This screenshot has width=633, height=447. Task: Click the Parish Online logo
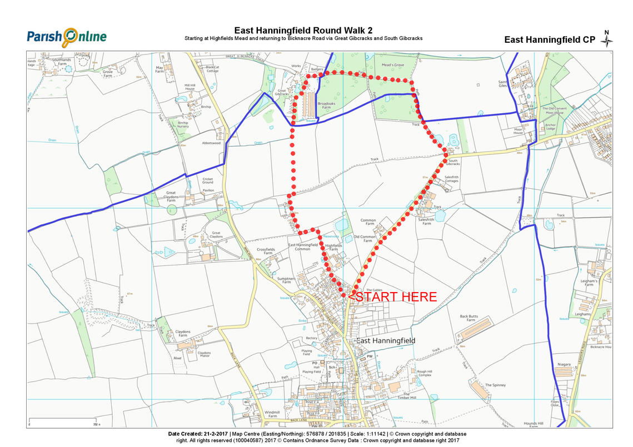point(66,37)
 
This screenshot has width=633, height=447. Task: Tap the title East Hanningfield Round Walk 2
point(303,31)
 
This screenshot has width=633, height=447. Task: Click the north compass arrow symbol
point(608,39)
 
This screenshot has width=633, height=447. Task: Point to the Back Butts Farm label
point(468,318)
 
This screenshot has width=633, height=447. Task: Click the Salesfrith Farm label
point(426,221)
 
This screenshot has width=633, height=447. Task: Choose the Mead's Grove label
point(392,65)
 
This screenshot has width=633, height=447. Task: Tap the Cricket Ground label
point(208,181)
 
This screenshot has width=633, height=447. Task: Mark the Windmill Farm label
point(272,414)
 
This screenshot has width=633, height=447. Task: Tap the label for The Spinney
point(495,385)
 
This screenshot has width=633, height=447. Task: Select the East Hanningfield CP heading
point(549,39)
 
